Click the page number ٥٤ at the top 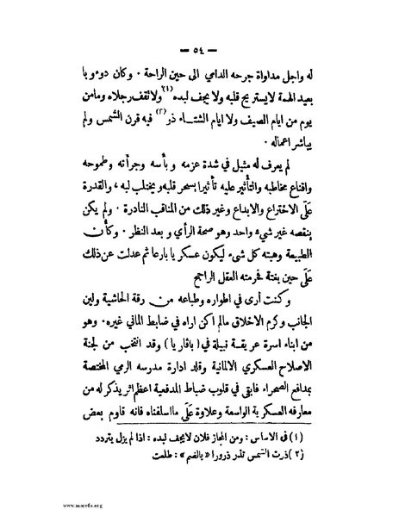coord(200,45)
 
